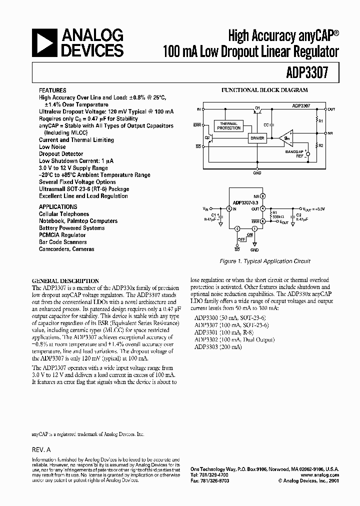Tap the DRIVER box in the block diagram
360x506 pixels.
[257, 137]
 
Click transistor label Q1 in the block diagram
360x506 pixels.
[257, 107]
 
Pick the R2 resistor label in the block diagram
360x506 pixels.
[321, 145]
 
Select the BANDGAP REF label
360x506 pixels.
[294, 153]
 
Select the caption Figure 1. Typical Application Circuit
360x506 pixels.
[265, 261]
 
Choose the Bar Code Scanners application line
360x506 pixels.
[63, 242]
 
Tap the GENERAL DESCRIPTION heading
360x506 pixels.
[65, 281]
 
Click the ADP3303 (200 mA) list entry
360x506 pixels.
[218, 346]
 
